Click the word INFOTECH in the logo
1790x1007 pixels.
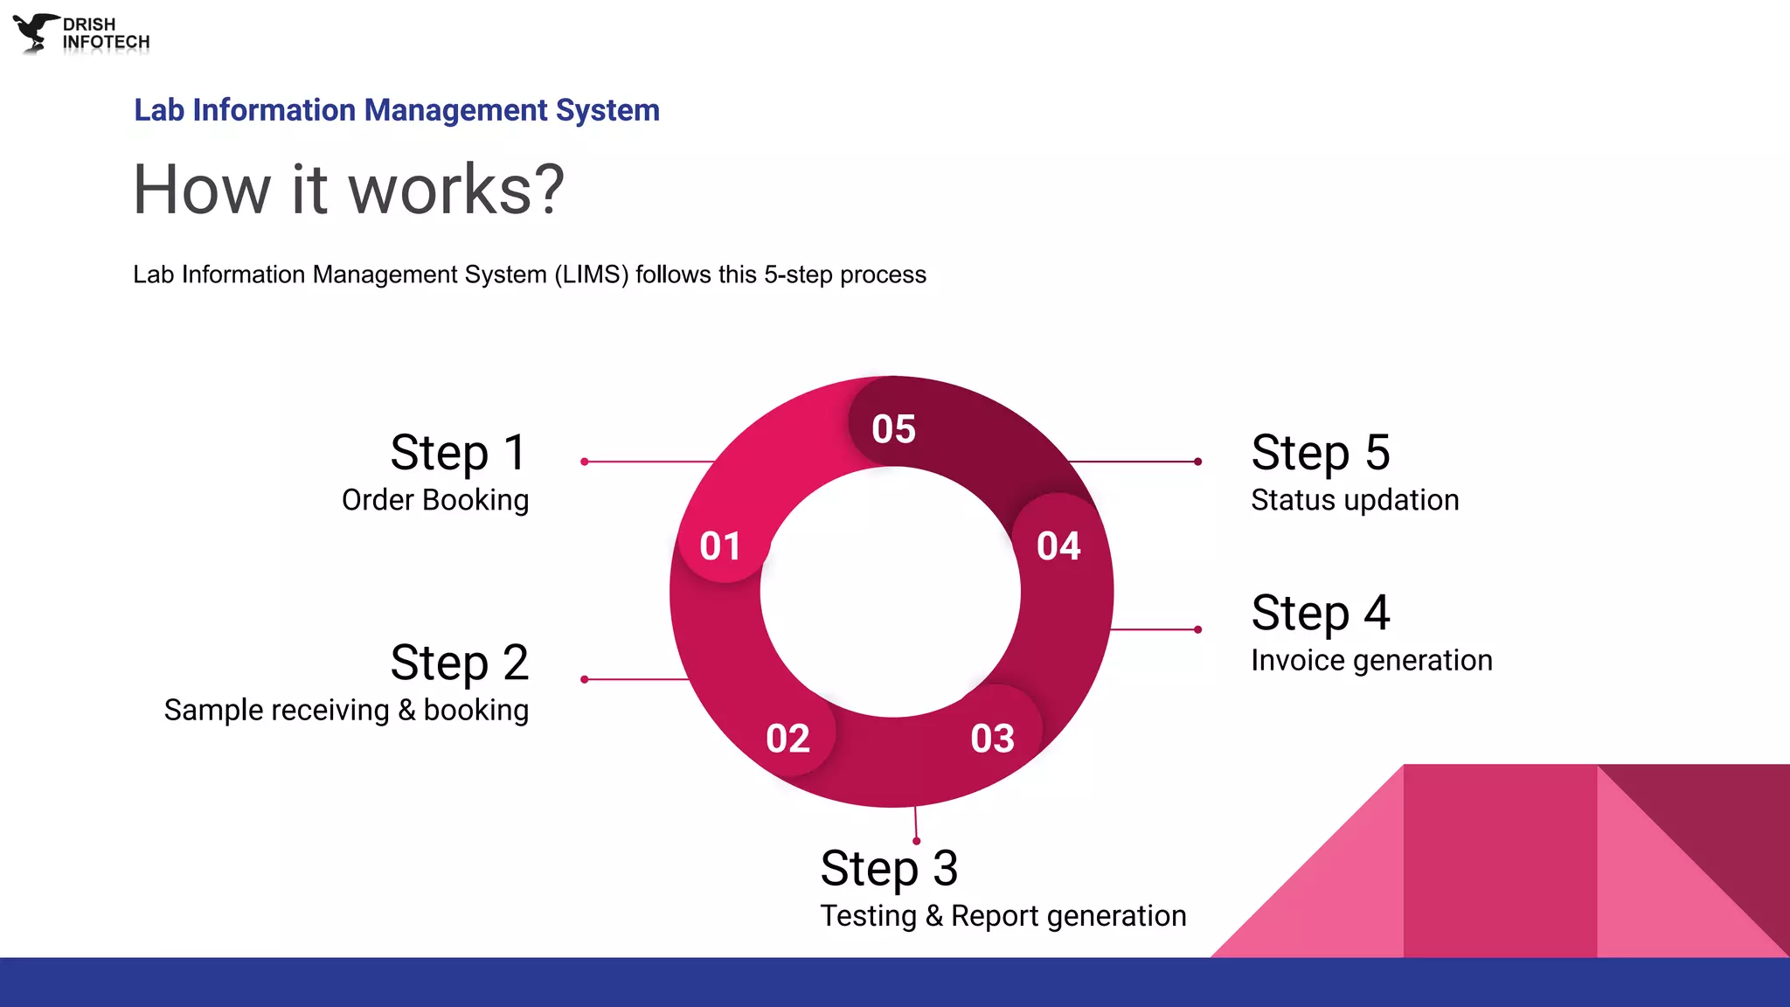pyautogui.click(x=106, y=42)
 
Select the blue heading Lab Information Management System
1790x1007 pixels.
pyautogui.click(x=396, y=110)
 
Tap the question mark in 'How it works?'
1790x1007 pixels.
pyautogui.click(x=548, y=190)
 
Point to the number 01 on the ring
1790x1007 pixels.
pyautogui.click(x=720, y=546)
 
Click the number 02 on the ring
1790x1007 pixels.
pyautogui.click(x=787, y=739)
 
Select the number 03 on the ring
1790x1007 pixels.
pyautogui.click(x=992, y=739)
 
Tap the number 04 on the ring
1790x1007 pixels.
pyautogui.click(x=1058, y=546)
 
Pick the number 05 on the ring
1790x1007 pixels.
pyautogui.click(x=893, y=429)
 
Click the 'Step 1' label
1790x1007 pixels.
pyautogui.click(x=458, y=453)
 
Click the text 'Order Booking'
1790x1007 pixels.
pyautogui.click(x=434, y=500)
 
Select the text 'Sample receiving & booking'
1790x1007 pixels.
pyautogui.click(x=346, y=710)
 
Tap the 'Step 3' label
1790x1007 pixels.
pyautogui.click(x=889, y=868)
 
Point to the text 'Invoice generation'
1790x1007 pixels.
pyautogui.click(x=1371, y=660)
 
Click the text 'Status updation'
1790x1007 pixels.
pyautogui.click(x=1355, y=500)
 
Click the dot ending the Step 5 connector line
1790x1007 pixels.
pyautogui.click(x=1198, y=462)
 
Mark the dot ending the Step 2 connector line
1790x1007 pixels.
pyautogui.click(x=584, y=679)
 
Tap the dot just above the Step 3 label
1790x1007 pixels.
pyautogui.click(x=916, y=841)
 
